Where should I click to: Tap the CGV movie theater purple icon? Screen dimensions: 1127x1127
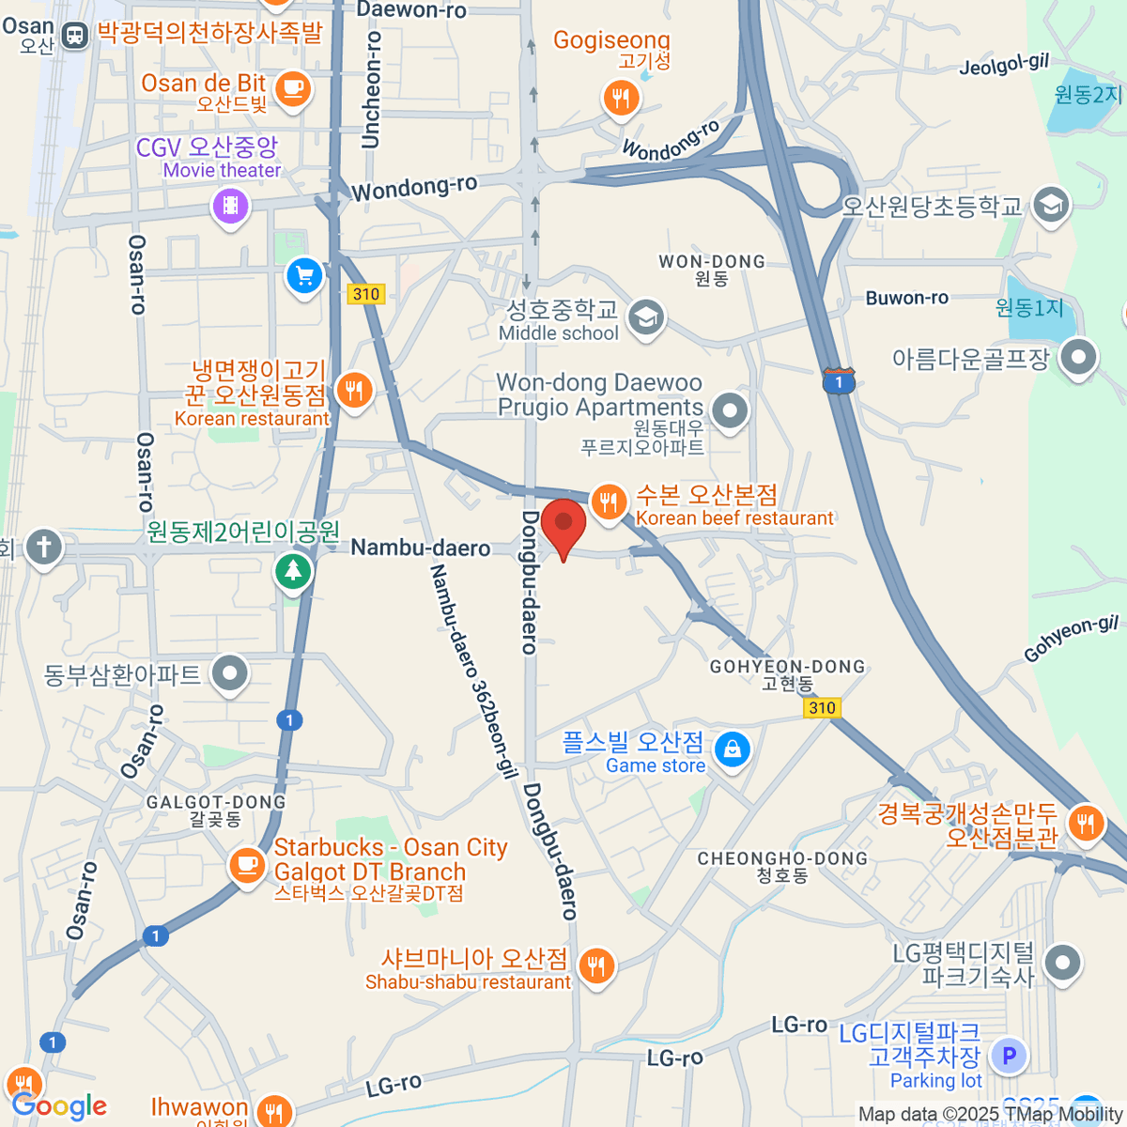pyautogui.click(x=230, y=205)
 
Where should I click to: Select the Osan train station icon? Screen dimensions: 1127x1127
pyautogui.click(x=73, y=36)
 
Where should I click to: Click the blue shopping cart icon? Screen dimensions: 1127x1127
pyautogui.click(x=304, y=276)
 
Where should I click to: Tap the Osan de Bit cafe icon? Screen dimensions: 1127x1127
pyautogui.click(x=293, y=88)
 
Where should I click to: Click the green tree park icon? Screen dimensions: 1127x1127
pyautogui.click(x=293, y=570)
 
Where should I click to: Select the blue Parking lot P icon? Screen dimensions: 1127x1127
pyautogui.click(x=1009, y=1056)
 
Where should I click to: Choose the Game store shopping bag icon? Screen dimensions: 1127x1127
pyautogui.click(x=732, y=749)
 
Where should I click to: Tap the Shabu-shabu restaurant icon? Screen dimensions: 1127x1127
pyautogui.click(x=595, y=965)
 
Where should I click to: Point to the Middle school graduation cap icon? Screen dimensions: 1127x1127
pyautogui.click(x=645, y=317)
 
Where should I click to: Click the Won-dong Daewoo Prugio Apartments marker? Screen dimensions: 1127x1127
pyautogui.click(x=729, y=409)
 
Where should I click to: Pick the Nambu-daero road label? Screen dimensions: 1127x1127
pyautogui.click(x=420, y=548)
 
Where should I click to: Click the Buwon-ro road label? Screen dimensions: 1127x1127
pyautogui.click(x=906, y=298)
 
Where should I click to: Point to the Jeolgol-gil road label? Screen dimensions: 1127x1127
pyautogui.click(x=1003, y=64)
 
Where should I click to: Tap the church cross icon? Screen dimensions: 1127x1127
pyautogui.click(x=43, y=547)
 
